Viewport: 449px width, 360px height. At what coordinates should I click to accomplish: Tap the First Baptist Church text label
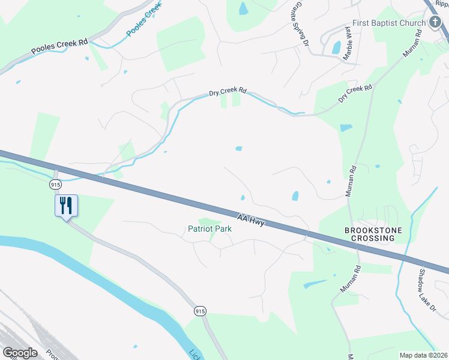pos(388,23)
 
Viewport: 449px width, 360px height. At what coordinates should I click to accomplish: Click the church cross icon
pos(436,23)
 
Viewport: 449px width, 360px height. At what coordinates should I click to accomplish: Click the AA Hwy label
pos(252,220)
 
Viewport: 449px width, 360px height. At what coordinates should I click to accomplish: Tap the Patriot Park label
pos(209,229)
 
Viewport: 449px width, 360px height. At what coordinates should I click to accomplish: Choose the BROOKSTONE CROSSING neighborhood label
pos(370,234)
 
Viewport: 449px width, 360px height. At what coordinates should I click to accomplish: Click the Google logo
pos(20,353)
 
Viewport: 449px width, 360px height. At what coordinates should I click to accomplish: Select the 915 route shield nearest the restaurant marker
pos(56,184)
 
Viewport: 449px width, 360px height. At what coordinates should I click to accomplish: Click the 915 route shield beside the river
pos(200,311)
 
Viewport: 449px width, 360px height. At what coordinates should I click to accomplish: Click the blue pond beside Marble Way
pos(336,46)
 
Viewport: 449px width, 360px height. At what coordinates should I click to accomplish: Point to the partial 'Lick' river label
pos(194,355)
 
